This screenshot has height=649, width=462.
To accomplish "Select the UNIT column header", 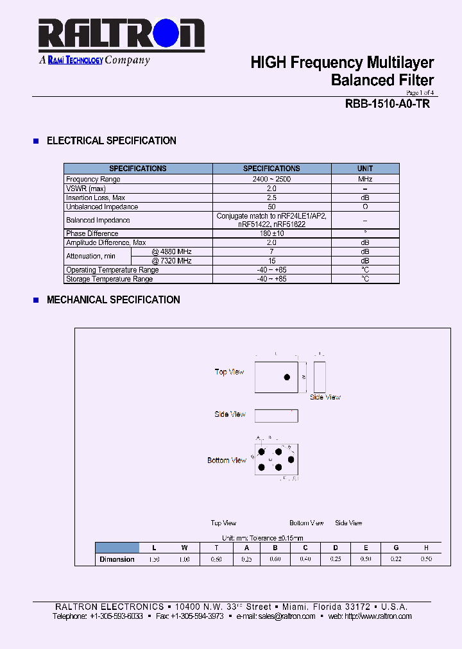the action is pyautogui.click(x=365, y=169).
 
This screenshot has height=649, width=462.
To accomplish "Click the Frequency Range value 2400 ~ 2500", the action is pyautogui.click(x=271, y=180).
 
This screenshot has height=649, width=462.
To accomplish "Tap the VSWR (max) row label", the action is pyautogui.click(x=86, y=189).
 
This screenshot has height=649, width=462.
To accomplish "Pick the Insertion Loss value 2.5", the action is pyautogui.click(x=271, y=198).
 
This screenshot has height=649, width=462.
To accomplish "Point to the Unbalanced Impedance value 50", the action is pyautogui.click(x=271, y=207).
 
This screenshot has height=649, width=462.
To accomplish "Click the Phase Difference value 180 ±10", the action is pyautogui.click(x=271, y=233).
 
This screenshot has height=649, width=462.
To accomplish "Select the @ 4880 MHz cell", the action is pyautogui.click(x=171, y=251).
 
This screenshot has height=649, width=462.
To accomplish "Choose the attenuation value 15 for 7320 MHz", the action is pyautogui.click(x=271, y=261).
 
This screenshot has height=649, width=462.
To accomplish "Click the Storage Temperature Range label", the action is pyautogui.click(x=110, y=279).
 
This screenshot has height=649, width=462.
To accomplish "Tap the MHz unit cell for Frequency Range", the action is pyautogui.click(x=365, y=180).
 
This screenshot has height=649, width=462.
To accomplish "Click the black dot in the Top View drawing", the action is pyautogui.click(x=287, y=377).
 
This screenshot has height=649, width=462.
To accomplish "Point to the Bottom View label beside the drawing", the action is pyautogui.click(x=227, y=460).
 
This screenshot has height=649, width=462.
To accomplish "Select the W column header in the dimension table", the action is pyautogui.click(x=185, y=548).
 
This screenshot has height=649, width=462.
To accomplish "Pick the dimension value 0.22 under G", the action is pyautogui.click(x=397, y=559).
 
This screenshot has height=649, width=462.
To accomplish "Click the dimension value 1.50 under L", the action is pyautogui.click(x=154, y=559).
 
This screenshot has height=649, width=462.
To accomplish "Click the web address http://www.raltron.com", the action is pyautogui.click(x=378, y=616).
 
